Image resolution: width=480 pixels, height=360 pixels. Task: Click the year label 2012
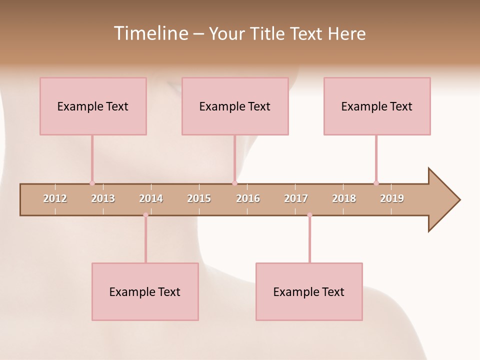point(55,198)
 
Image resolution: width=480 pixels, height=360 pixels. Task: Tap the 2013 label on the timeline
point(103,198)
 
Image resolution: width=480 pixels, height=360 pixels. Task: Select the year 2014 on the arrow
point(151,198)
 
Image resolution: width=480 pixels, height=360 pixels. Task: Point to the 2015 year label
point(199,198)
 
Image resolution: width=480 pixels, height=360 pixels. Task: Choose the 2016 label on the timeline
point(248,198)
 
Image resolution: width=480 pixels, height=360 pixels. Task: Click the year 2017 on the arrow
point(296,198)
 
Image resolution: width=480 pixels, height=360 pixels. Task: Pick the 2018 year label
point(344,198)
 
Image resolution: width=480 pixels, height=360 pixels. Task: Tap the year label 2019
point(392,198)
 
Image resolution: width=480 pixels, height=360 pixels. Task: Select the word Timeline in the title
point(151,33)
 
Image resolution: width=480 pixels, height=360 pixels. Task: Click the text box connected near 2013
point(93,106)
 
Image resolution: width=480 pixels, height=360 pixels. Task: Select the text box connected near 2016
point(235,106)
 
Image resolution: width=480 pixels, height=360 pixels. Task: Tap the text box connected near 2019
point(377,106)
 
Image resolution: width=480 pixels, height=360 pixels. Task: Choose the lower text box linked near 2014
point(145,291)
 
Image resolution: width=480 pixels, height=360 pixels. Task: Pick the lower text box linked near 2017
point(309,291)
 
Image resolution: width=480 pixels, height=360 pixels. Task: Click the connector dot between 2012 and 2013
point(92,183)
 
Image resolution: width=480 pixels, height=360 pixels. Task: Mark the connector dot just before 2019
point(376,183)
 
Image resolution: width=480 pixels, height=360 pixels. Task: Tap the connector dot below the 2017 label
point(309,215)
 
